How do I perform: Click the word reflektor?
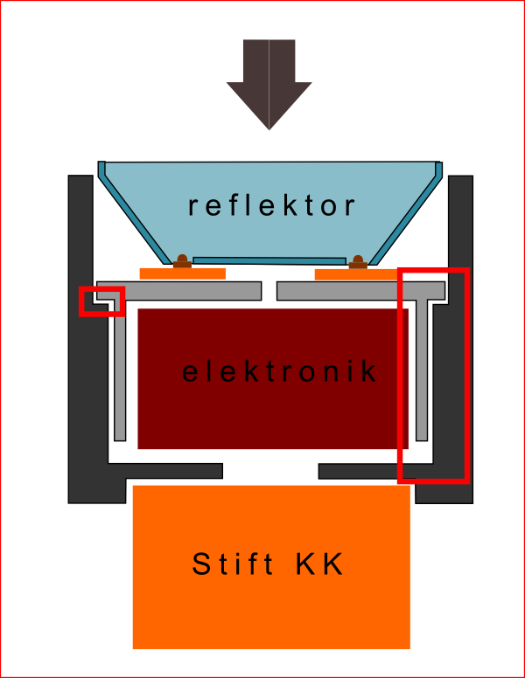272,206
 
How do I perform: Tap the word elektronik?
280,372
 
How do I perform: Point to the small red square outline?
102,301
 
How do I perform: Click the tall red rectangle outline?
434,376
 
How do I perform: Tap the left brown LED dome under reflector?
182,260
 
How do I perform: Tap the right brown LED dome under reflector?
358,260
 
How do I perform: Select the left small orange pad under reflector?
182,273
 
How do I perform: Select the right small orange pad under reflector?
356,273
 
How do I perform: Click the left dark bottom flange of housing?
175,471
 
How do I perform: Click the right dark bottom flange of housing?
359,471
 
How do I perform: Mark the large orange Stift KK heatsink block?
271,612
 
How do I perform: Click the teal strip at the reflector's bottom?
269,260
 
